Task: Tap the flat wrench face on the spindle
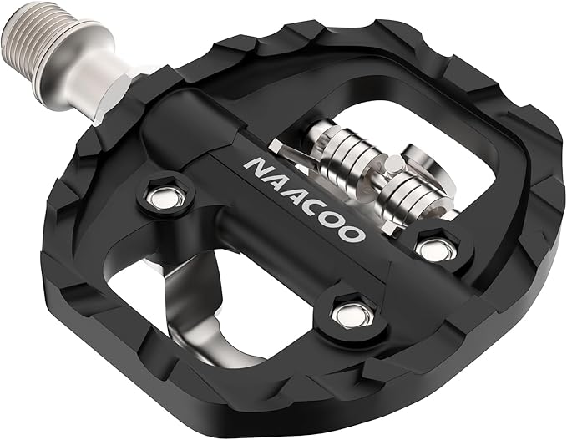(109, 89)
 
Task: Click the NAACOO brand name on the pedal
(306, 195)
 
